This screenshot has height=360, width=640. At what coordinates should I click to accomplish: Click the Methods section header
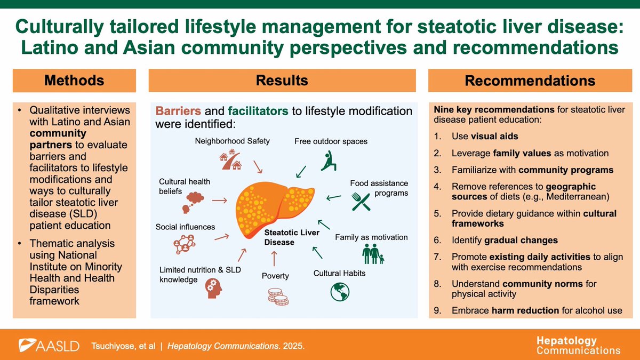coord(75,81)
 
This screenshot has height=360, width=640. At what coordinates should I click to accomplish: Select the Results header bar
coord(282,81)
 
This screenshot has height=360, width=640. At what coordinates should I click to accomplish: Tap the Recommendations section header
coord(530,81)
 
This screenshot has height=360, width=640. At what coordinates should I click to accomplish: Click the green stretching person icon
coord(329,160)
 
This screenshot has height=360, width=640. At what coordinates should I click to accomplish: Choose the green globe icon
coord(339,292)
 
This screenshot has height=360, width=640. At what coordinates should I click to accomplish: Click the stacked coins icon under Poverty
coord(277,296)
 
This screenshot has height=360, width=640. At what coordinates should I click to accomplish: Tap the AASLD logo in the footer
coord(49,345)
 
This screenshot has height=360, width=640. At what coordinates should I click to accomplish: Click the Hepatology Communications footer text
coord(578,346)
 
